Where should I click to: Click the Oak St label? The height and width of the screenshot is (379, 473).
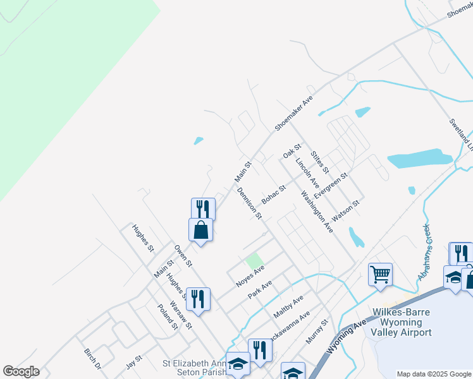click(290, 152)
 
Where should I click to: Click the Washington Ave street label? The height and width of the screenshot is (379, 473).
click(317, 212)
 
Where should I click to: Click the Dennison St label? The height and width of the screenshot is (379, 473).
click(250, 203)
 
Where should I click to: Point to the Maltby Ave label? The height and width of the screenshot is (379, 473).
click(288, 306)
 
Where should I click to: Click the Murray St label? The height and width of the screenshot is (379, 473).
click(317, 331)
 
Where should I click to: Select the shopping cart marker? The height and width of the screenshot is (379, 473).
click(380, 275)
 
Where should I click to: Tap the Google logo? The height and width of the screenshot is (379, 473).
click(21, 371)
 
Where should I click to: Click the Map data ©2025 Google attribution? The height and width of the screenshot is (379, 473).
click(434, 374)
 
